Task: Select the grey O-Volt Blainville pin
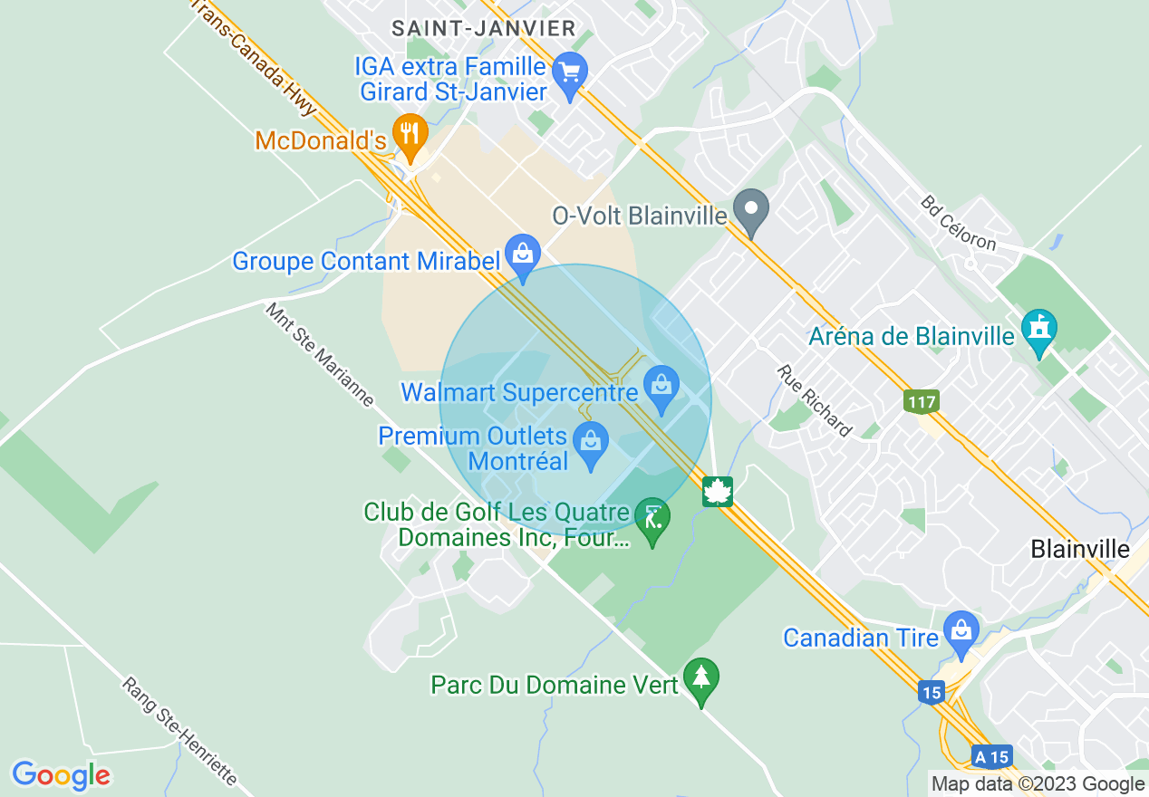point(750,210)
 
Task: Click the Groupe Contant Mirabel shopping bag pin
point(522,254)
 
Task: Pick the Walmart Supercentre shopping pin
point(661,387)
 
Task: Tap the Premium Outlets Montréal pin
point(591,443)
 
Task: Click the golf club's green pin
point(652,519)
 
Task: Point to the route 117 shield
point(921,400)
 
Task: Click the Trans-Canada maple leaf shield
point(718,492)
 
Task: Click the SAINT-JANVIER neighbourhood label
point(483,28)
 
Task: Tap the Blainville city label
point(1080,549)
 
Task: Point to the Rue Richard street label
point(815,401)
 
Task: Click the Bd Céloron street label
point(959,223)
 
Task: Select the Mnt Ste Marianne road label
point(319,354)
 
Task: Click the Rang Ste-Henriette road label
point(179,732)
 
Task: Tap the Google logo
point(61,775)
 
